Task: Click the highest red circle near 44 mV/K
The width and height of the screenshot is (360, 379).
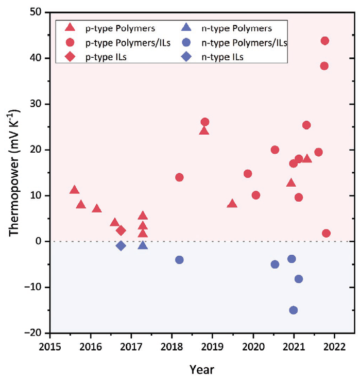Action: [324, 41]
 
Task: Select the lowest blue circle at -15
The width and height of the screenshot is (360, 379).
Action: [294, 310]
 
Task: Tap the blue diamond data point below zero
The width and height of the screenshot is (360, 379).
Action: [121, 245]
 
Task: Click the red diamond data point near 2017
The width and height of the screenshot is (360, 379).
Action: [121, 230]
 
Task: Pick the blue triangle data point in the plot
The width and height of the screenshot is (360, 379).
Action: [143, 245]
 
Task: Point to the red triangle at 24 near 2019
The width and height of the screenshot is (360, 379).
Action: [204, 130]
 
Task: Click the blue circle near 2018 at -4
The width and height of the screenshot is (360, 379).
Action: [179, 259]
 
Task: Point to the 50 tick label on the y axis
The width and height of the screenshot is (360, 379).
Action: [37, 12]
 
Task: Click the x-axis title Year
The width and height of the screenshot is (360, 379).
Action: [202, 369]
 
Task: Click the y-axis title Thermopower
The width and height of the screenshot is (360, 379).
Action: [14, 173]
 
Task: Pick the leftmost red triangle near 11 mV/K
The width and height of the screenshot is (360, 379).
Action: [74, 190]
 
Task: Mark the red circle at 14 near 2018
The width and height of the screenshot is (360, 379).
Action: [179, 177]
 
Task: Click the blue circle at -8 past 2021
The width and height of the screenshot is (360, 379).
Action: [298, 279]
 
